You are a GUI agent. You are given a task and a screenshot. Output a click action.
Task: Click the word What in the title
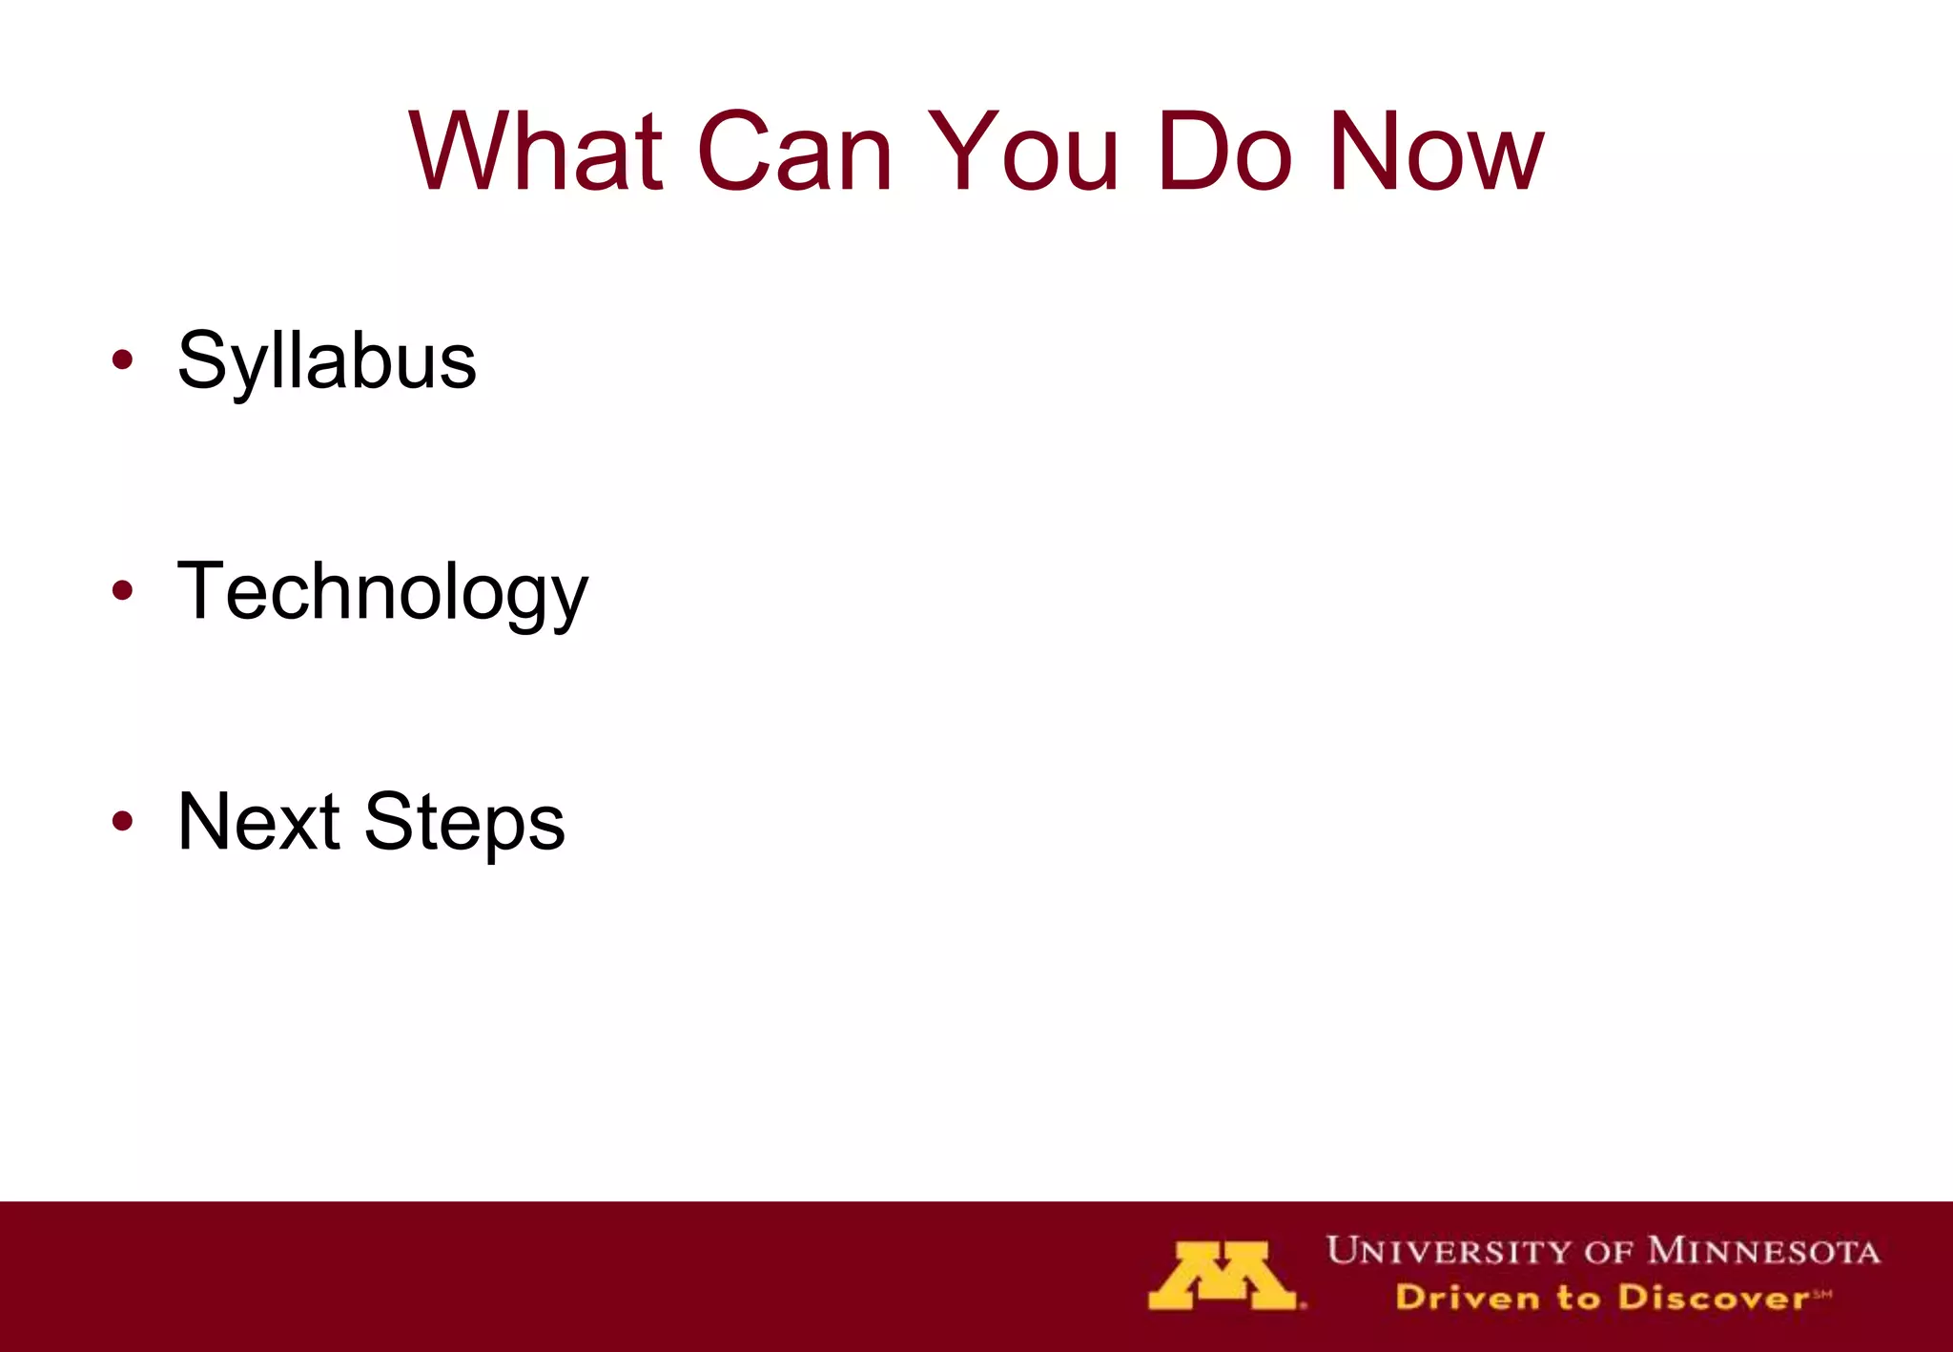(536, 153)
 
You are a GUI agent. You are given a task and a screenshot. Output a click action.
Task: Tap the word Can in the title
(794, 153)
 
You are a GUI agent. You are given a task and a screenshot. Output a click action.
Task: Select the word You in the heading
(1022, 153)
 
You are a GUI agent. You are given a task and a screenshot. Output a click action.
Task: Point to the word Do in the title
(1224, 153)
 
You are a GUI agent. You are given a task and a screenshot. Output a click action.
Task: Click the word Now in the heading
(1436, 153)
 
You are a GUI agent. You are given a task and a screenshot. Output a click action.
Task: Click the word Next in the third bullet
(258, 822)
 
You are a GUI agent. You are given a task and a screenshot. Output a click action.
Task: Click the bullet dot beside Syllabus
(122, 360)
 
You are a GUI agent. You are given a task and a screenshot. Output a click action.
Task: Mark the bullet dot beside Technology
(122, 590)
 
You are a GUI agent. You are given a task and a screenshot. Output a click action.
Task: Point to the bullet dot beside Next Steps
(122, 820)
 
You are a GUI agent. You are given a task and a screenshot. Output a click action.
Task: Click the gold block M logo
(1223, 1276)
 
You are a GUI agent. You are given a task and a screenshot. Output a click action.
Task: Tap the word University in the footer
(1449, 1251)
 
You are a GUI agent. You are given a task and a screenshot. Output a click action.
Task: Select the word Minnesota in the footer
(1763, 1251)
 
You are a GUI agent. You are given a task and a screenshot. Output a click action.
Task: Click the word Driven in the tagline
(1467, 1298)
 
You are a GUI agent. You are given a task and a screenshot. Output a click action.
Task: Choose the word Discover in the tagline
(1713, 1298)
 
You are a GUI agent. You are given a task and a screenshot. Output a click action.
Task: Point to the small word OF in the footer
(1610, 1252)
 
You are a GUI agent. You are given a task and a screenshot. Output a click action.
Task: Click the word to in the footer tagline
(1578, 1298)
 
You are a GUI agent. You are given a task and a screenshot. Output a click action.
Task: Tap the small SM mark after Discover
(1821, 1293)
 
